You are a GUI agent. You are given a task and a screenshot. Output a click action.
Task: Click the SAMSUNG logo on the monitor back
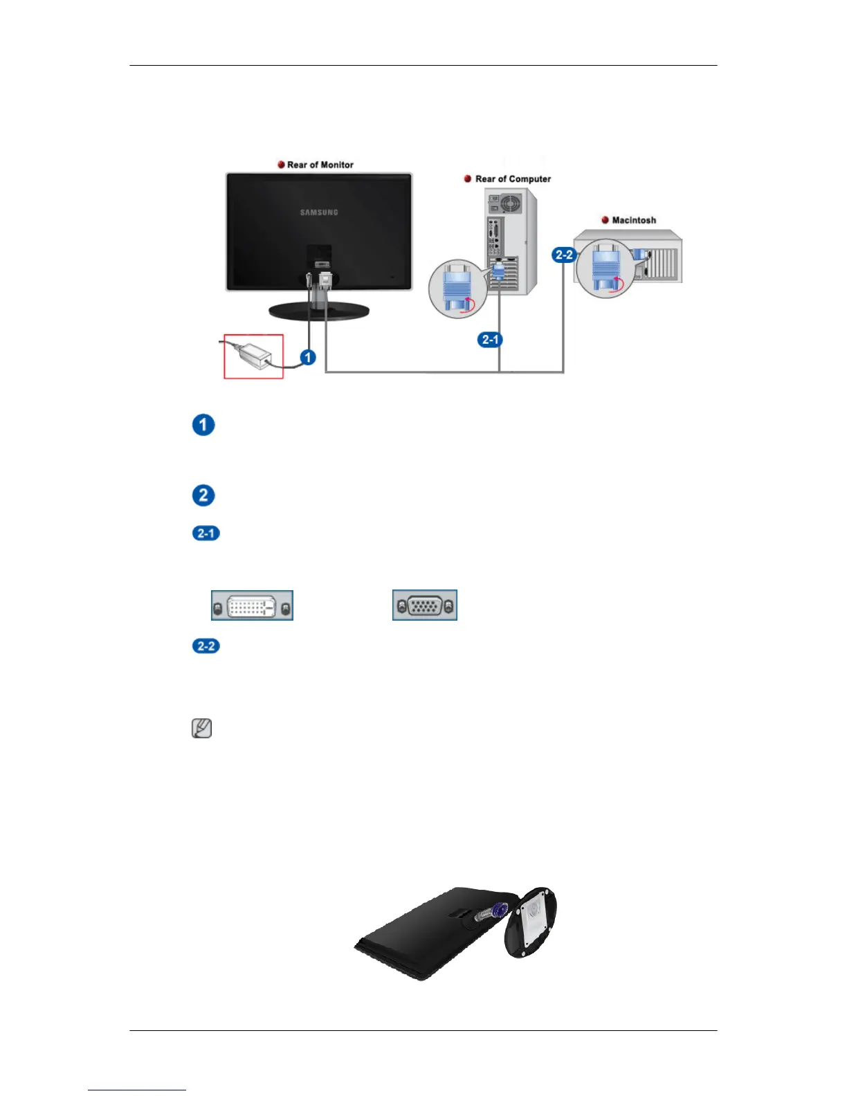click(x=319, y=212)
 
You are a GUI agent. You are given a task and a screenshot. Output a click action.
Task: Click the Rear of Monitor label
click(x=320, y=165)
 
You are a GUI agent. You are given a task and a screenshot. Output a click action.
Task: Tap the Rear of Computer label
click(x=513, y=179)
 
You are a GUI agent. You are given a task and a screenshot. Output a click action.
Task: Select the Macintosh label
click(x=634, y=220)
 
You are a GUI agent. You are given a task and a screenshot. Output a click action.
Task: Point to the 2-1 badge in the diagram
click(x=490, y=340)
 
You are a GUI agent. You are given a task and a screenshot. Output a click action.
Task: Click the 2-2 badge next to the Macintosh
click(x=564, y=255)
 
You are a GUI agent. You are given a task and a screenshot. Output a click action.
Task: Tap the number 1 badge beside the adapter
click(x=307, y=358)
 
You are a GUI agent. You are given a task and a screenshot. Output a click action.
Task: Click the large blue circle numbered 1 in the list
click(x=203, y=425)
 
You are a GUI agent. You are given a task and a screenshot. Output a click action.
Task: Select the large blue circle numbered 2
click(x=203, y=495)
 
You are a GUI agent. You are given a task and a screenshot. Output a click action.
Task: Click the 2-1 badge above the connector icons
click(x=206, y=533)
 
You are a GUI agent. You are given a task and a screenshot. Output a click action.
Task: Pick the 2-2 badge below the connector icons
click(x=206, y=646)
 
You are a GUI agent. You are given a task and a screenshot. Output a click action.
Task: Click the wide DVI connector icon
click(x=252, y=605)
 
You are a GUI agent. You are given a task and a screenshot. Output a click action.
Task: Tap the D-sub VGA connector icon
click(x=425, y=605)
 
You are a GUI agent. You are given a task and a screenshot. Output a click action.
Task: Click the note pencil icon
click(x=201, y=729)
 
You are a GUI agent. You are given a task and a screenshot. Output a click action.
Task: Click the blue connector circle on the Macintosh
click(x=605, y=269)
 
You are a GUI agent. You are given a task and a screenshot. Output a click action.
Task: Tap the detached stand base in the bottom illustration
click(x=531, y=923)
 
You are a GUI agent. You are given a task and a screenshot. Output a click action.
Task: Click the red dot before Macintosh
click(x=605, y=220)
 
